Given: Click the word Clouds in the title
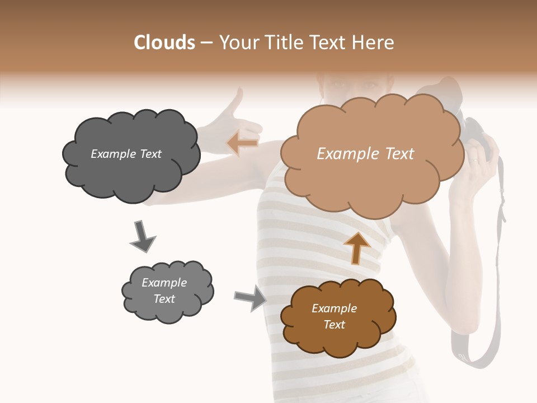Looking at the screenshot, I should [x=164, y=43].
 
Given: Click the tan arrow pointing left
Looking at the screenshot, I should [x=243, y=143].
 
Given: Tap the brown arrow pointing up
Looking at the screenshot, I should [x=356, y=247].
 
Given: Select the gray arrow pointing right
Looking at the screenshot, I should [x=250, y=297].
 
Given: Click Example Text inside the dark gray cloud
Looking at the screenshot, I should [x=126, y=154].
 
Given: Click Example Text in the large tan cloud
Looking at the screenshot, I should [x=365, y=154].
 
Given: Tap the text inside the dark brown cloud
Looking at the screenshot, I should [x=334, y=316].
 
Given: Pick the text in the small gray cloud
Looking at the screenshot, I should [x=164, y=290].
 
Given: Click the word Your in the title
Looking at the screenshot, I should [x=236, y=43].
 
